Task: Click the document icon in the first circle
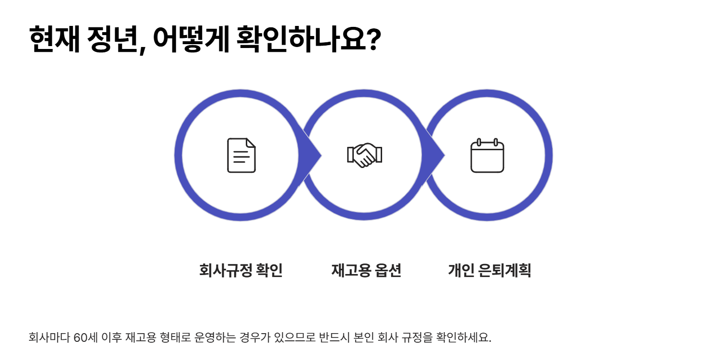pyautogui.click(x=241, y=155)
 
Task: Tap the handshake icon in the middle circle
pyautogui.click(x=364, y=155)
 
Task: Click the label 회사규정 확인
pyautogui.click(x=241, y=271)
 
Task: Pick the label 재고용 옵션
pyautogui.click(x=366, y=271)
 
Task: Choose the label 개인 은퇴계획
pyautogui.click(x=489, y=271)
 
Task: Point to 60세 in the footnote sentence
pyautogui.click(x=86, y=337)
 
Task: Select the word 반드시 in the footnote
pyautogui.click(x=333, y=337)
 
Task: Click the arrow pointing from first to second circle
pyautogui.click(x=311, y=155)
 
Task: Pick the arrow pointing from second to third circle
pyautogui.click(x=434, y=155)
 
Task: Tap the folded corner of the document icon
pyautogui.click(x=251, y=143)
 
